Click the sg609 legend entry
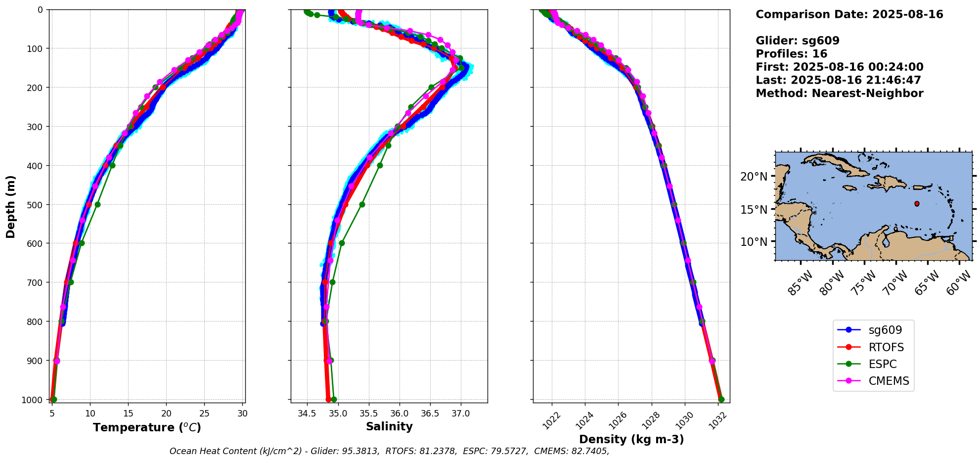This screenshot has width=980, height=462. pyautogui.click(x=873, y=330)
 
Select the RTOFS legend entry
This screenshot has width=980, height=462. pyautogui.click(x=873, y=347)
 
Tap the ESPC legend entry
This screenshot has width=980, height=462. pyautogui.click(x=873, y=364)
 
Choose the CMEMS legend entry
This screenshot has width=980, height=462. pyautogui.click(x=873, y=381)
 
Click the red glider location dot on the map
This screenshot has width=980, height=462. pyautogui.click(x=917, y=204)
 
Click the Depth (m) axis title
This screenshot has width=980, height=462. pyautogui.click(x=11, y=207)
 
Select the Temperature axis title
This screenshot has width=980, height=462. pyautogui.click(x=147, y=427)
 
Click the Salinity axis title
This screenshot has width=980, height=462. pyautogui.click(x=389, y=426)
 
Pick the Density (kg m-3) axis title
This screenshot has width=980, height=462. pyautogui.click(x=631, y=439)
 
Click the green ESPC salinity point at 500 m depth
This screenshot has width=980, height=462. pyautogui.click(x=362, y=204)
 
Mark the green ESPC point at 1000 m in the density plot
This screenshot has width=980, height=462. pyautogui.click(x=721, y=399)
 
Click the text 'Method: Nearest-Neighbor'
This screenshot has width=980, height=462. pyautogui.click(x=839, y=93)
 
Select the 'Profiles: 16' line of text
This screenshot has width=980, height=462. pyautogui.click(x=791, y=54)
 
